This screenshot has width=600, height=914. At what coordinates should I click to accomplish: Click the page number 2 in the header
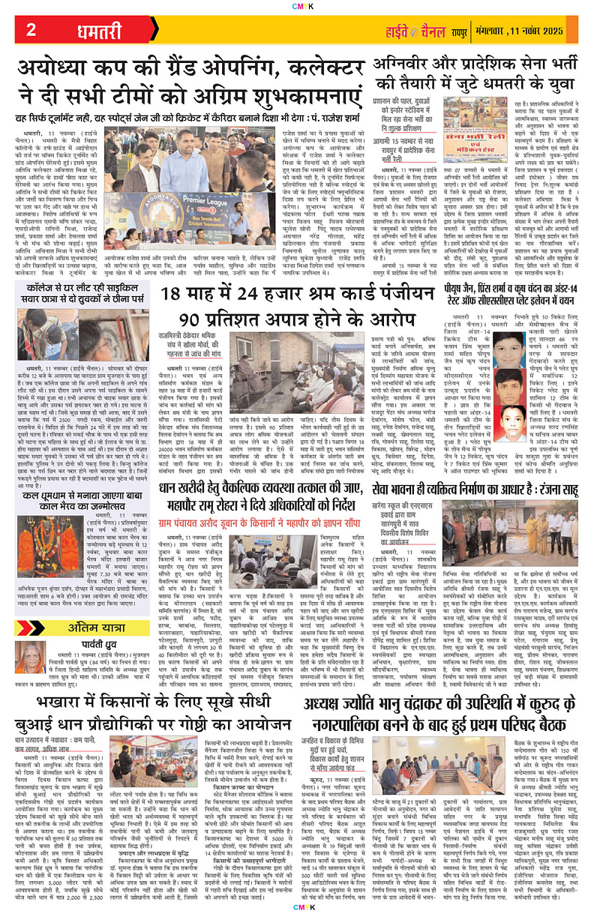31,31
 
